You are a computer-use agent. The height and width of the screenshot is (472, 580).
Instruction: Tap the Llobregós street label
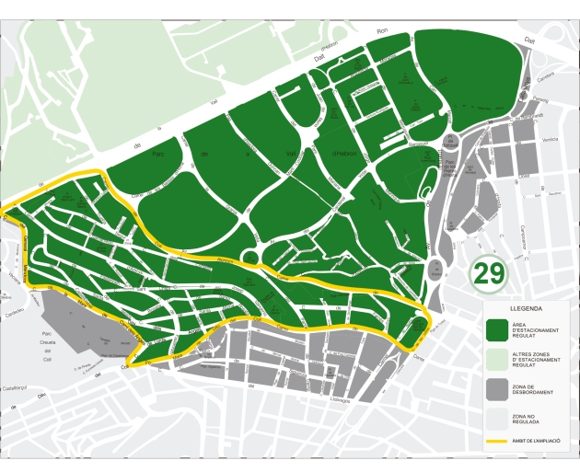pos(340,400)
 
